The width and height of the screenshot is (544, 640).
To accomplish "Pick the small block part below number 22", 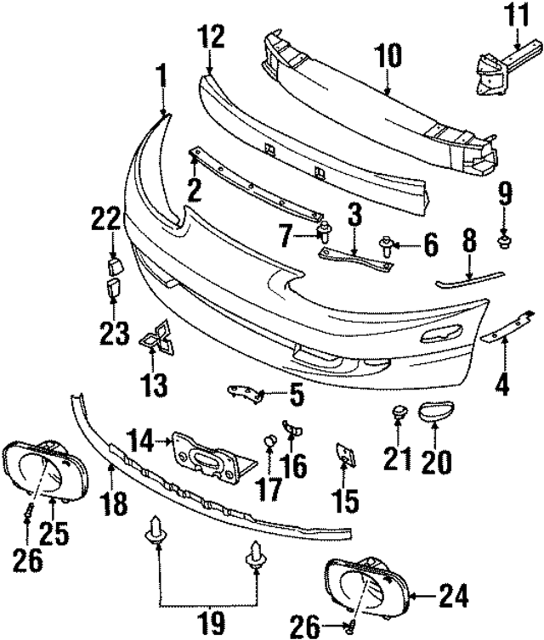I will [115, 267].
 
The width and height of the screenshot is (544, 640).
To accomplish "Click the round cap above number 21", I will [396, 413].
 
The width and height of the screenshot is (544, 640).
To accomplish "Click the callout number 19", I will [207, 626].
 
